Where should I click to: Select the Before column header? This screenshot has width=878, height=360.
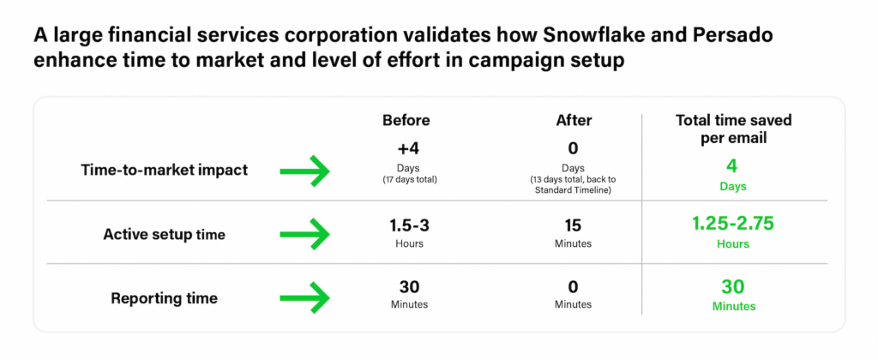pos(406,120)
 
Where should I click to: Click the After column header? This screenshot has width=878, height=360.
pos(574,120)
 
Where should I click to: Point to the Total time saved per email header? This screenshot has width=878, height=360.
pos(733,129)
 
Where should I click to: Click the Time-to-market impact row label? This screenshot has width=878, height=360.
pos(164,171)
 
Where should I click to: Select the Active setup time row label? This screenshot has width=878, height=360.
pos(164,234)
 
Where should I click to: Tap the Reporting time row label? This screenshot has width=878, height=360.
pos(164,297)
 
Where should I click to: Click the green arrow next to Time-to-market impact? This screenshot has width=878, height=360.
pos(304,171)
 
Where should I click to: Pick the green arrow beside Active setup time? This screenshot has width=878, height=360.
pos(304,234)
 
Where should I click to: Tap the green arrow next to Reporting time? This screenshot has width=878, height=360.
pos(304,297)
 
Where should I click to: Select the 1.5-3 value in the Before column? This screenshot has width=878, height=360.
pos(409,225)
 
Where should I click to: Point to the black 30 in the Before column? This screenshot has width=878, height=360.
pos(409,287)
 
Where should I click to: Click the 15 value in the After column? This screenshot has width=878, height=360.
pos(573,225)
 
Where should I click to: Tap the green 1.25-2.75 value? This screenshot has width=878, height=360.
pos(733,224)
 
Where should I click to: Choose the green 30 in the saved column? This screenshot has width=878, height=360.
pos(733,287)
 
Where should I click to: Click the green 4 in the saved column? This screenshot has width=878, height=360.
pos(733,167)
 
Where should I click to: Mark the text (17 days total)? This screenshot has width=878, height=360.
pos(409,180)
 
